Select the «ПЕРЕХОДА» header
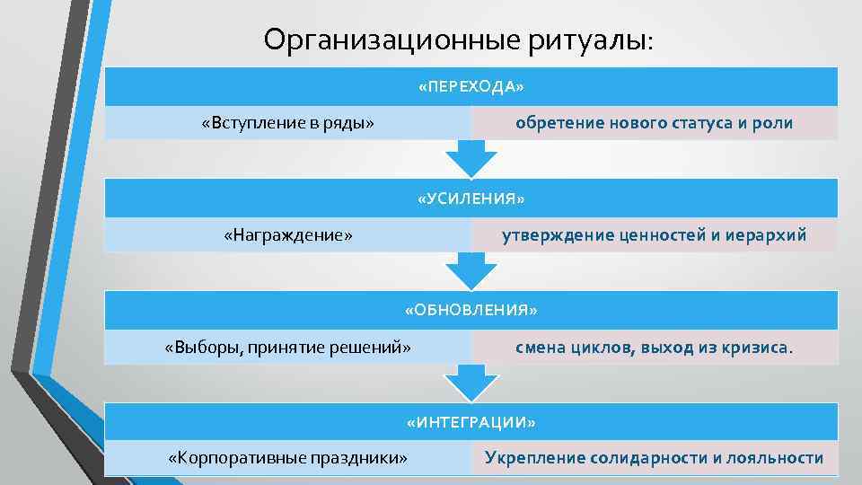click(471, 87)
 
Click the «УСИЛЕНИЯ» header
click(471, 198)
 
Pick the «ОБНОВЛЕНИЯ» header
click(471, 310)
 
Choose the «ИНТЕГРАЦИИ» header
click(471, 421)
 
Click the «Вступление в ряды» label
click(288, 123)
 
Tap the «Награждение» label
click(288, 235)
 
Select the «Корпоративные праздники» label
click(288, 458)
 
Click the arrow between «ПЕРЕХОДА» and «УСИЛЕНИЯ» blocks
click(471, 160)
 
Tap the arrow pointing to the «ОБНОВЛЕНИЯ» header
click(471, 271)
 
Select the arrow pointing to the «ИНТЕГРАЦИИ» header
click(471, 384)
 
